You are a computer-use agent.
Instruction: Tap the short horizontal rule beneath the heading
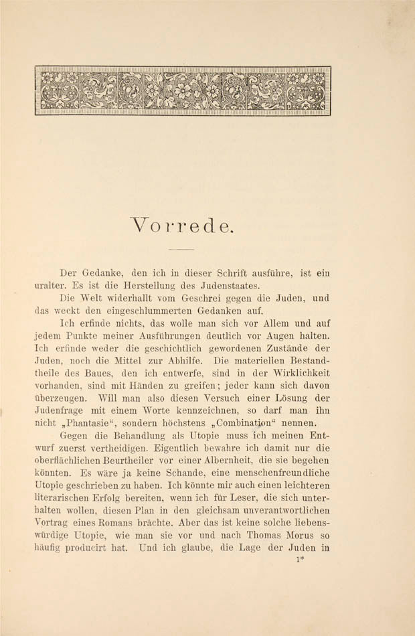(181, 249)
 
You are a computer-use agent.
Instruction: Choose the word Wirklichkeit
(299, 373)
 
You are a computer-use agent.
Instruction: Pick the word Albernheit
(212, 461)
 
